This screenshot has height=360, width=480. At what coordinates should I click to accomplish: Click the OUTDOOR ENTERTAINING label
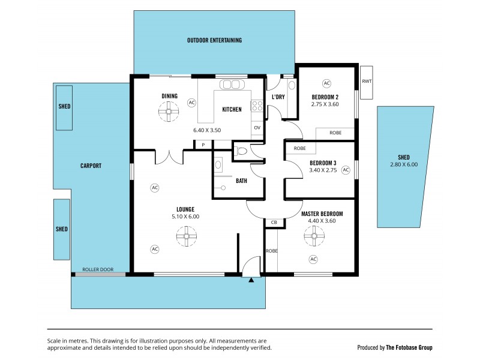[214, 41]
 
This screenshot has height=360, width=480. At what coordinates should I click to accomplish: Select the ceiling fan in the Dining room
[169, 111]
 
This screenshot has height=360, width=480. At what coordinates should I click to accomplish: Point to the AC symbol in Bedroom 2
[326, 83]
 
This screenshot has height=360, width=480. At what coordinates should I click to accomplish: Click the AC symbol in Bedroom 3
[346, 170]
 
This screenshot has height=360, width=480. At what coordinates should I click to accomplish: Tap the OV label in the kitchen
[257, 127]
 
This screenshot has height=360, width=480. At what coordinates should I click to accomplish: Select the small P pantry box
[203, 145]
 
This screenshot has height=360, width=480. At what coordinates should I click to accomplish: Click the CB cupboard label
[274, 223]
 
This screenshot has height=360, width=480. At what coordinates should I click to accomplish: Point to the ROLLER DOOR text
[98, 269]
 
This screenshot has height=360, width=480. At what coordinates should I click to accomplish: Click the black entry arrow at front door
[252, 278]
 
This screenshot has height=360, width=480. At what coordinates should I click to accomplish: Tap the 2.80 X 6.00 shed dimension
[404, 164]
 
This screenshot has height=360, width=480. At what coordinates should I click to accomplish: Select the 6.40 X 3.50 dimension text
[207, 130]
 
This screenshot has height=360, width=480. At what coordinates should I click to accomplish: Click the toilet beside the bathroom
[242, 152]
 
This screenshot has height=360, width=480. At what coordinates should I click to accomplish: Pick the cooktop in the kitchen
[257, 106]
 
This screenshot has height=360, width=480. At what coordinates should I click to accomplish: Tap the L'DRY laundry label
[278, 97]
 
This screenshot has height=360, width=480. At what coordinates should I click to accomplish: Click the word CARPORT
[91, 166]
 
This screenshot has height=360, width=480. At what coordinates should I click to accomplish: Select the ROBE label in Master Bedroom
[272, 251]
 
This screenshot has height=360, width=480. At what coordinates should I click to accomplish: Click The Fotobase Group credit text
[408, 347]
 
